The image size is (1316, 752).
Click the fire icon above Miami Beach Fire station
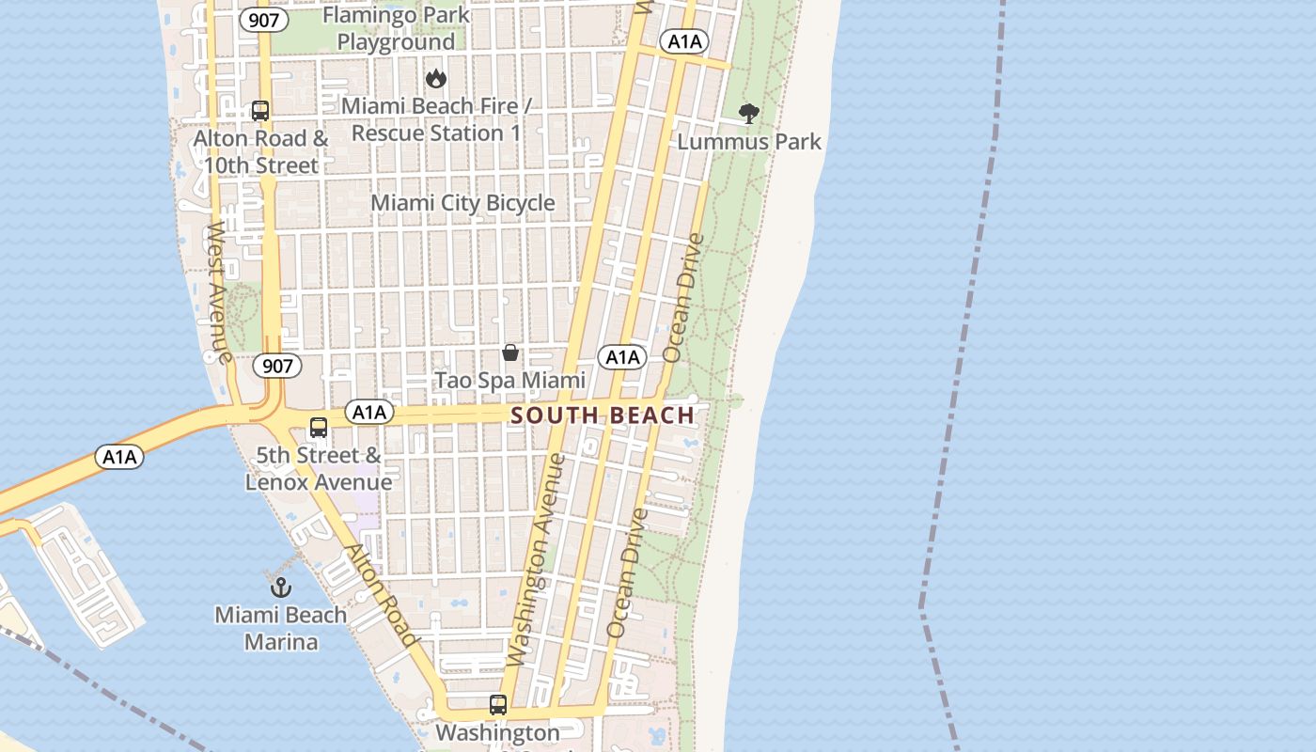(435, 79)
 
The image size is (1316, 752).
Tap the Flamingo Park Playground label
(396, 29)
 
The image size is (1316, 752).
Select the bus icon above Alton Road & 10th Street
(260, 111)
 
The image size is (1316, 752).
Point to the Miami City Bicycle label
(462, 203)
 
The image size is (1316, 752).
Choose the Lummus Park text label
(749, 142)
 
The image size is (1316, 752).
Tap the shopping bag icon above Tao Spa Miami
(509, 353)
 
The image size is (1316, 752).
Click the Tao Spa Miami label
(509, 381)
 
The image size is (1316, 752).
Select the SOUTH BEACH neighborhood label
(603, 415)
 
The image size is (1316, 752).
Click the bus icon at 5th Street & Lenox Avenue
(319, 428)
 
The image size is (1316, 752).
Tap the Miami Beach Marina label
(281, 629)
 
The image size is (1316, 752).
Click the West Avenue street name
(218, 292)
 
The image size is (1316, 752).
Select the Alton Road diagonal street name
(381, 595)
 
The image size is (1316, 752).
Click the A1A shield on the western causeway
(119, 458)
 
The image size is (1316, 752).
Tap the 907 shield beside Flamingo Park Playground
(262, 20)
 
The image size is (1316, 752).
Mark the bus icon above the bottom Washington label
(497, 705)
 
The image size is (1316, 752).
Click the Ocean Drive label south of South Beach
(627, 573)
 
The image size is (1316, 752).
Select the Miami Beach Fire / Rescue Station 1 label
(436, 119)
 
